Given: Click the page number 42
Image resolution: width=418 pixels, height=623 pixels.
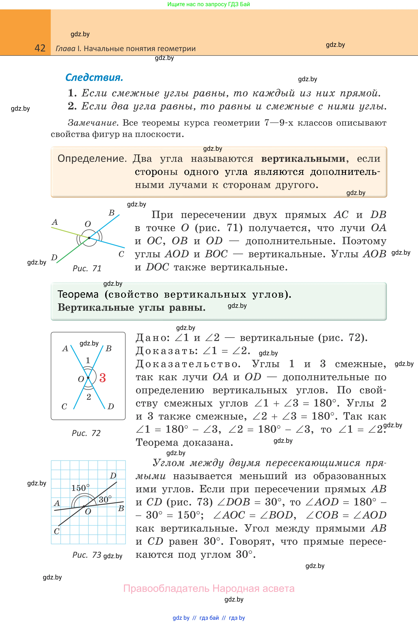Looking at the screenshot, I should click(40, 48).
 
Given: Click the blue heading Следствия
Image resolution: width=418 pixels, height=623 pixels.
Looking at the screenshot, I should click(94, 78).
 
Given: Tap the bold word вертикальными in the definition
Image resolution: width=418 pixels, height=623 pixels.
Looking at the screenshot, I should click(303, 159).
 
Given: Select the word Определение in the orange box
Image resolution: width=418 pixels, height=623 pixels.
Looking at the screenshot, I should click(92, 159).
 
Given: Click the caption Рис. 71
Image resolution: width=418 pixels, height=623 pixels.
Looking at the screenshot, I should click(87, 268).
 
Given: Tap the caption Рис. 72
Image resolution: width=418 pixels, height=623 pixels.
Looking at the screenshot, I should click(86, 433).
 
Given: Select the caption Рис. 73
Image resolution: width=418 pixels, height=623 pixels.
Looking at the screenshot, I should click(87, 555).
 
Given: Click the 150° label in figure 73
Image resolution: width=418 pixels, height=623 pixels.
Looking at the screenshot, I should click(80, 488).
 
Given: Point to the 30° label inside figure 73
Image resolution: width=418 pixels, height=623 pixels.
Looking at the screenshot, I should click(105, 499).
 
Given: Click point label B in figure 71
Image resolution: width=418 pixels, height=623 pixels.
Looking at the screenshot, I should click(112, 213).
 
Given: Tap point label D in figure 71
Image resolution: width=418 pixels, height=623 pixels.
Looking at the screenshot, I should click(54, 258).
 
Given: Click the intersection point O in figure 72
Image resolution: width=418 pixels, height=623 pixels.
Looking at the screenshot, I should click(88, 378).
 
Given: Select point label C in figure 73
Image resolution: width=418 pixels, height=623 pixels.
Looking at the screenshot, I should click(56, 531).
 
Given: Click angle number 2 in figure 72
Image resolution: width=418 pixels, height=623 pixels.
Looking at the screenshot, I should click(89, 397).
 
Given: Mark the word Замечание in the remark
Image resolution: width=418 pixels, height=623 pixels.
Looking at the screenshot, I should click(92, 123).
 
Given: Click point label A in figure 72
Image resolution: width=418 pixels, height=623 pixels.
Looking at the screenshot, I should click(65, 349).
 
